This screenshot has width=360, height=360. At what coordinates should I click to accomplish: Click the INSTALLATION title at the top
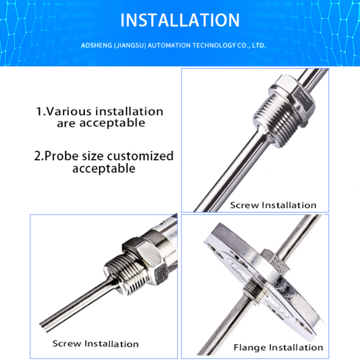click(180, 20)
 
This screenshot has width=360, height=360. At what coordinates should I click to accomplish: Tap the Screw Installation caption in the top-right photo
click(273, 205)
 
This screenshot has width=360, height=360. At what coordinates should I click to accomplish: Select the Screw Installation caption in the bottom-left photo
click(96, 344)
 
